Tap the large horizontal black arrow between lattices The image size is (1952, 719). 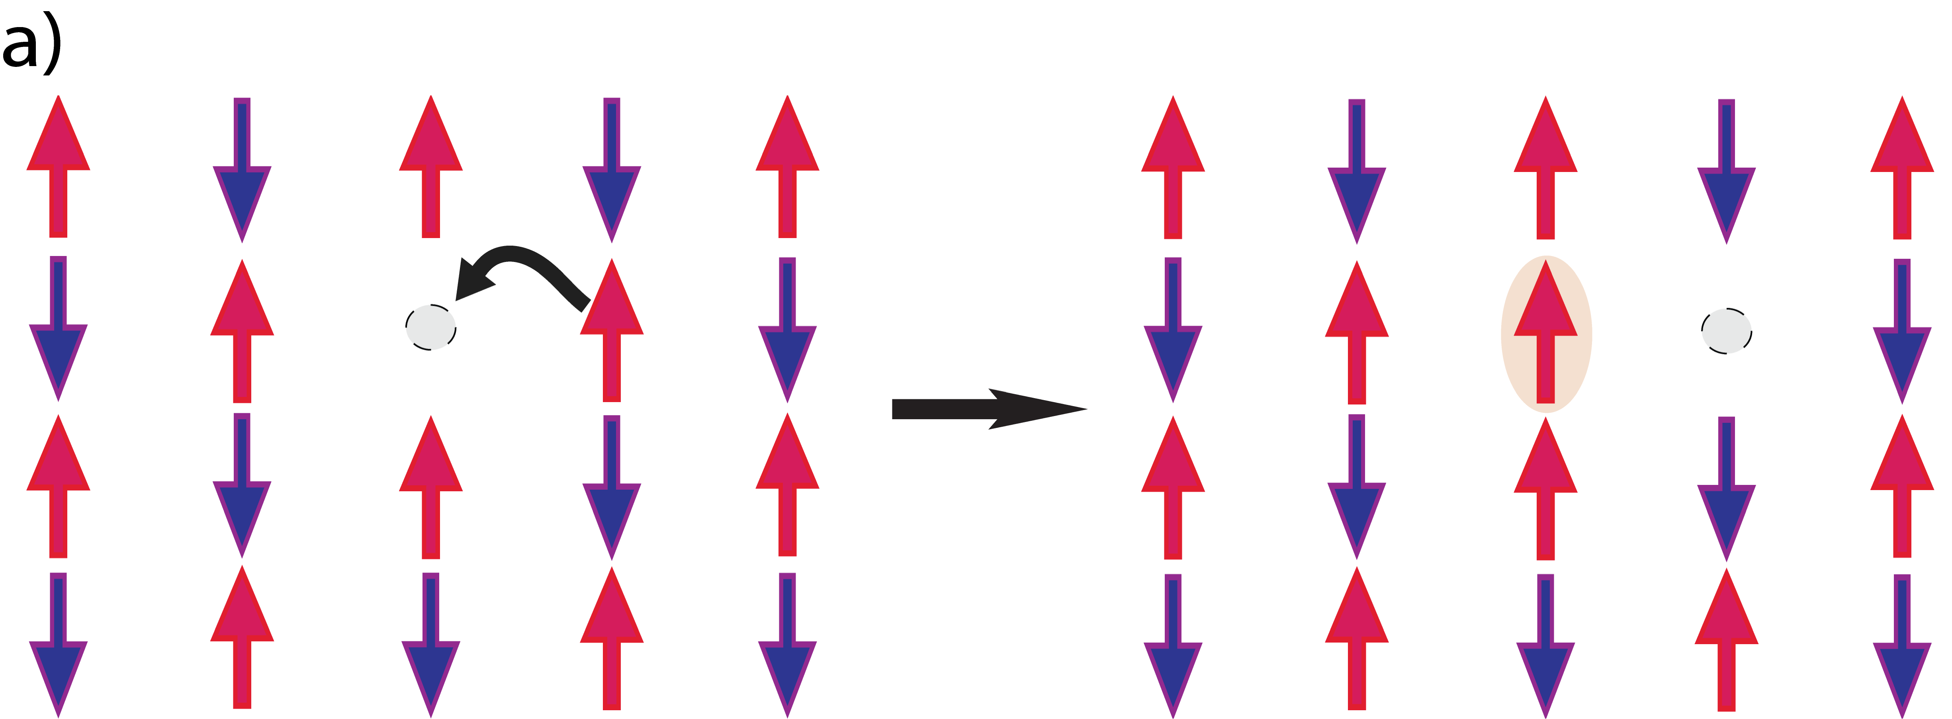tap(985, 409)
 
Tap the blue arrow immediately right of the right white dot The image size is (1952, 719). tap(1902, 333)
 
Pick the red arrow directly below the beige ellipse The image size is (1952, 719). tap(1546, 488)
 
